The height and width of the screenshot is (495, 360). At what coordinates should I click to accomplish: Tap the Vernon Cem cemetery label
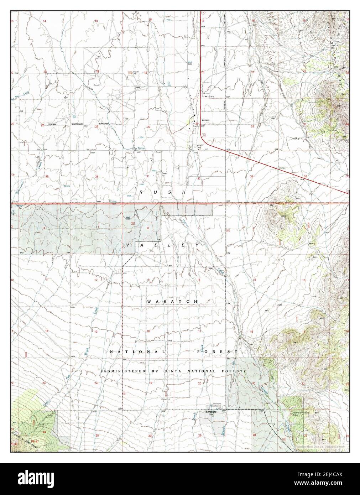200,147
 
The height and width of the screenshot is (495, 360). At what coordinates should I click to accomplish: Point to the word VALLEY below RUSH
163,246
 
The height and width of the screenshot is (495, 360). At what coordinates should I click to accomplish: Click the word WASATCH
172,302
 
